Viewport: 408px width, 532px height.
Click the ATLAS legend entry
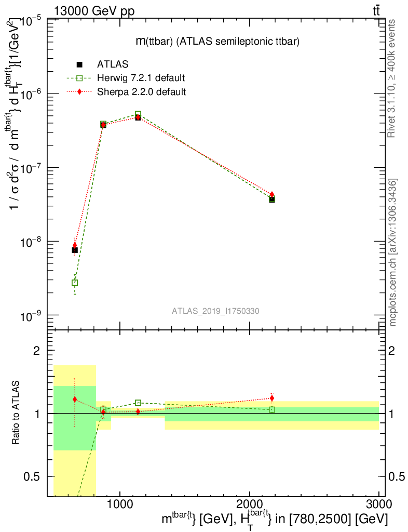click(112, 64)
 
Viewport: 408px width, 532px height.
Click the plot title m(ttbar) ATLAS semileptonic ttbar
click(217, 42)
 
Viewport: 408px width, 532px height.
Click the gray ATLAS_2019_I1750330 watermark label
click(215, 311)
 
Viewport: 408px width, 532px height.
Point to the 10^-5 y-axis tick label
click(33, 20)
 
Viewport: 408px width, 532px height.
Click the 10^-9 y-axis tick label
click(33, 316)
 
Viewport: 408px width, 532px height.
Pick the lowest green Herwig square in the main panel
click(75, 283)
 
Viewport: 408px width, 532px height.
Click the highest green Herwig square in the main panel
click(138, 114)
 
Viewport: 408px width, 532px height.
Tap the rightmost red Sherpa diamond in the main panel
click(272, 194)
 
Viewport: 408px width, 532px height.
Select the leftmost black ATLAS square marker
click(75, 250)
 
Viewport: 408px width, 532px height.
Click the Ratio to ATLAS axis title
click(16, 413)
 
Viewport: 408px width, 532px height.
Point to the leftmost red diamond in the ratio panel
click(75, 399)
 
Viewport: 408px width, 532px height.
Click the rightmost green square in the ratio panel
click(272, 410)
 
